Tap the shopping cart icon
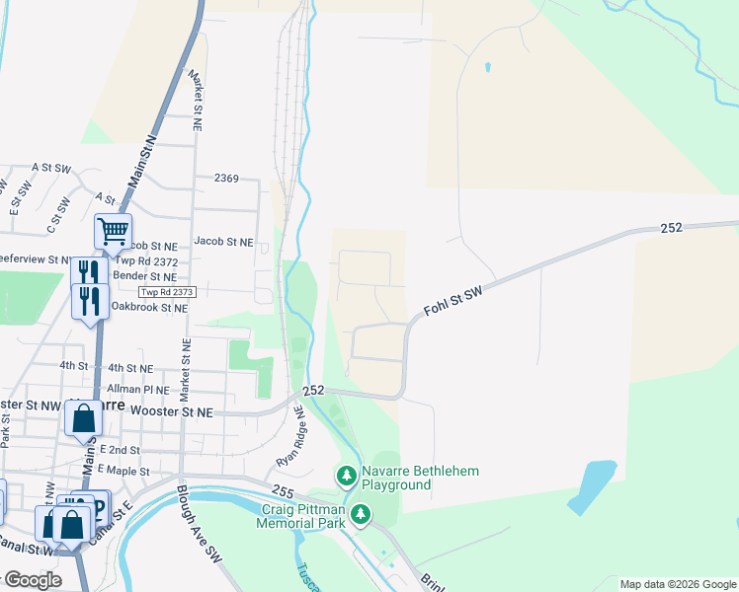tap(113, 232)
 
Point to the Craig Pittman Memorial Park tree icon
tap(362, 514)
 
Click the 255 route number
tap(283, 490)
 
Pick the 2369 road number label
tap(226, 178)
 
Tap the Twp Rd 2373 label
tap(168, 292)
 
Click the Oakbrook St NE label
tap(149, 308)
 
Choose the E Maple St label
tap(123, 471)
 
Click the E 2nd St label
tap(123, 449)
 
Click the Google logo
tap(33, 580)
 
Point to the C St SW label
tap(58, 215)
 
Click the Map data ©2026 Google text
tap(678, 584)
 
